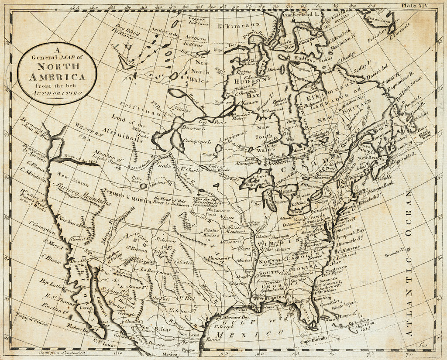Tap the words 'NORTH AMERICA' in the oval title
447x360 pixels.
tap(57, 72)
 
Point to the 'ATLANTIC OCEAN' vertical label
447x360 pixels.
tap(409, 262)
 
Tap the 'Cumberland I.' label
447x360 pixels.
tap(296, 15)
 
